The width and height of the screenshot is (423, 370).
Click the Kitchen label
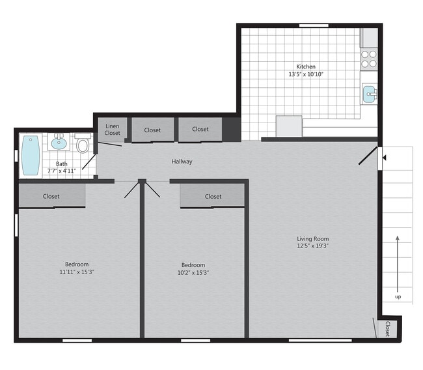click(306, 66)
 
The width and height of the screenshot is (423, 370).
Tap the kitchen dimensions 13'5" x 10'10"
click(306, 74)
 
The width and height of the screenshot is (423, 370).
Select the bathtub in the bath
click(31, 155)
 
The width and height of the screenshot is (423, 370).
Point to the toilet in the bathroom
click(83, 145)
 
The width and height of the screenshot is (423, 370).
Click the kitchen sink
click(369, 94)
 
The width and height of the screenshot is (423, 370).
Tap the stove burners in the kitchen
click(369, 59)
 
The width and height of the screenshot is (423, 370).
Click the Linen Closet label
click(113, 129)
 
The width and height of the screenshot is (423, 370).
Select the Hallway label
click(182, 162)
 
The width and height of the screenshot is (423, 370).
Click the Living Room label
click(313, 238)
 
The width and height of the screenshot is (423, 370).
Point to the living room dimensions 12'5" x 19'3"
click(313, 246)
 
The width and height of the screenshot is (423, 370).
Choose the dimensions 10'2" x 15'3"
click(193, 272)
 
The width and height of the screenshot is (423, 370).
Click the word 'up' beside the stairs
click(398, 297)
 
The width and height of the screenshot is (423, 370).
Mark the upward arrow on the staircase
click(398, 261)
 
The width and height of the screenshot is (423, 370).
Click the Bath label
click(61, 164)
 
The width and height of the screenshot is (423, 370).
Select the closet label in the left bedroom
click(51, 196)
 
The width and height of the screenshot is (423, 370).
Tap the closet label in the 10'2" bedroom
click(213, 196)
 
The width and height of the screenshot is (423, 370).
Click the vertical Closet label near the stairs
click(388, 328)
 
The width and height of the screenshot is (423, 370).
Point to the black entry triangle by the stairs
click(384, 157)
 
